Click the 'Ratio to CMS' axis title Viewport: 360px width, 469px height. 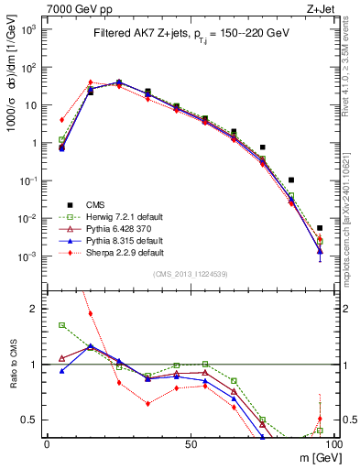pyautogui.click(x=13, y=365)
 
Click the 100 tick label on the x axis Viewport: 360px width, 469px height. pyautogui.click(x=333, y=443)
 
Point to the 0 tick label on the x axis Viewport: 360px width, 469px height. pyautogui.click(x=47, y=443)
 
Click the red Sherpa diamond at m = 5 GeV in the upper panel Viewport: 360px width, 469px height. pyautogui.click(x=61, y=119)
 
